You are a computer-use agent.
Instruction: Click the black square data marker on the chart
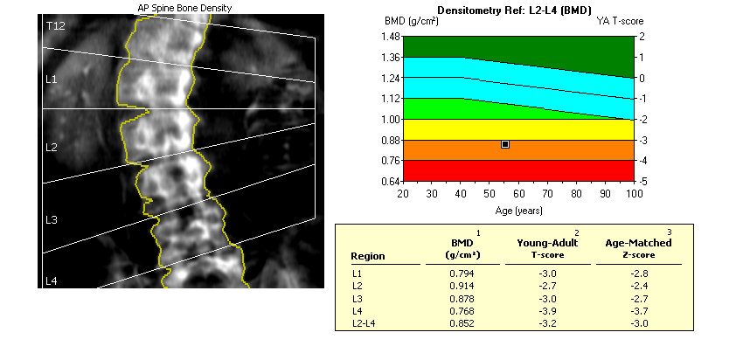(505, 143)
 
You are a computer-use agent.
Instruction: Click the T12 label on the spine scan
(54, 27)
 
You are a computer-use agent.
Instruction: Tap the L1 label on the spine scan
(51, 80)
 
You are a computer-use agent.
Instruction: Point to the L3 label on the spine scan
(51, 219)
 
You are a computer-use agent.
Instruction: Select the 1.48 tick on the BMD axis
(390, 37)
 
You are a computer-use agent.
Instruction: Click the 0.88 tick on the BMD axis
(390, 140)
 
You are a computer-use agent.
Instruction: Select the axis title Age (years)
(517, 211)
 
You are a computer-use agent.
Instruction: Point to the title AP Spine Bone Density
(184, 8)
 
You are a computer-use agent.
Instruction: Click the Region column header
(367, 256)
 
